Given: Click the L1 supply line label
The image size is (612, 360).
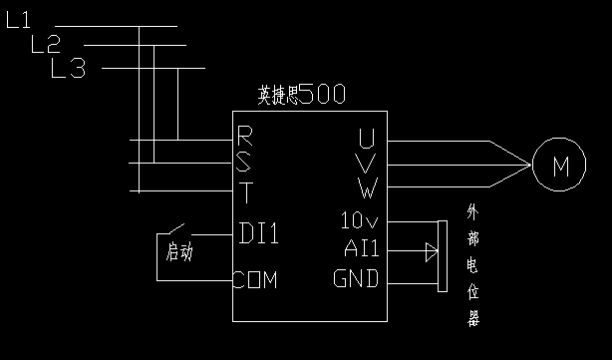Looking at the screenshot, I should click(20, 20).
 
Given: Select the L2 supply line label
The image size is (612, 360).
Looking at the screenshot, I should click(46, 44).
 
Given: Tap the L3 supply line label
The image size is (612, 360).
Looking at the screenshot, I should click(69, 68).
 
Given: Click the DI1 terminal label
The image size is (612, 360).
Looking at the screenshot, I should click(259, 233).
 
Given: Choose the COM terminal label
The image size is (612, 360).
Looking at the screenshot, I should click(255, 279).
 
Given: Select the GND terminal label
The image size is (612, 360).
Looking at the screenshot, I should click(356, 278).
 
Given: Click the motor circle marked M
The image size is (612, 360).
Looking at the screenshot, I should click(559, 167).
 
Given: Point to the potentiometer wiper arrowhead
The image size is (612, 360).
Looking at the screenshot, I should click(431, 250).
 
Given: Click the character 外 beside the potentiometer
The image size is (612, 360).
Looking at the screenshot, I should click(474, 213).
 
